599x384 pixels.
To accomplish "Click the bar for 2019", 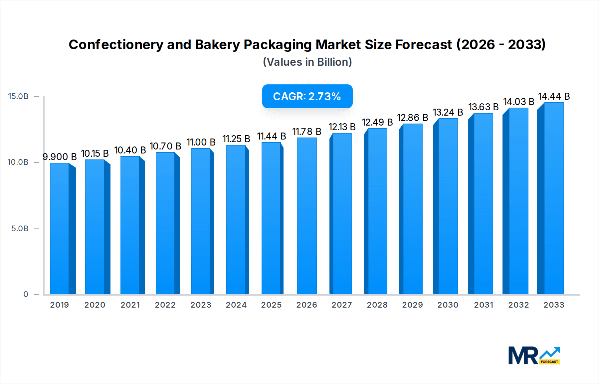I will pos(60,229).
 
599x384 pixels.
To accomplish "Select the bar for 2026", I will pos(306,216).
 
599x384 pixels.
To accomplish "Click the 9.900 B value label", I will pos(60,156).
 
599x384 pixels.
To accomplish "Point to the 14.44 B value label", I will pos(554,96).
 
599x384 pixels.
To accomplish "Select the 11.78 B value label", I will pos(306,132).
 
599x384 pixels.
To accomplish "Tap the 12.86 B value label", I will pos(412,118).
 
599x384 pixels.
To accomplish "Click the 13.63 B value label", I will pos(483,107).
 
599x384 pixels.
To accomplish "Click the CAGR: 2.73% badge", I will pos(307,96).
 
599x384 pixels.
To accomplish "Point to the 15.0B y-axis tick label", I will pos(18,96).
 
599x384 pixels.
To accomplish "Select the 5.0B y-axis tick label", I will pos(20,228).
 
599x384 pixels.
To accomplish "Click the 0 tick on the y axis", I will pos(26,294).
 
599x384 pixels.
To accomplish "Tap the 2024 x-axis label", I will pos(236,305).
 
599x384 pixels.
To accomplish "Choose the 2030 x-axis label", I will pos(448,305).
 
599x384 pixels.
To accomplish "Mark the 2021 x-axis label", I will pos(130,305).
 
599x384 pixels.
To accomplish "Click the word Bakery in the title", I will pos(217,45).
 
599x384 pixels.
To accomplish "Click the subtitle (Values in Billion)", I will pos(307,62).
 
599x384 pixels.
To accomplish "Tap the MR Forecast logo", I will pos(534,355).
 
